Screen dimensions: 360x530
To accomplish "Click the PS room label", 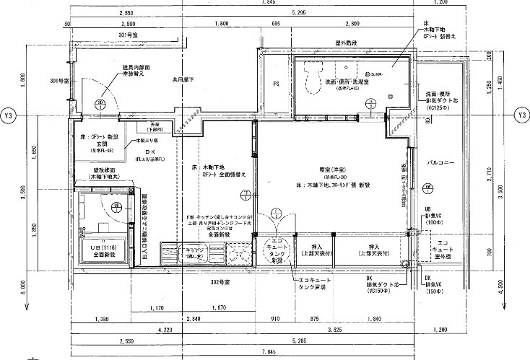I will tap(276, 84).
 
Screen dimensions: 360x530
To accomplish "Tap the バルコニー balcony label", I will tap(440, 164).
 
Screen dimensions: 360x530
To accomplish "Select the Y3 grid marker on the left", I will tap(9, 115).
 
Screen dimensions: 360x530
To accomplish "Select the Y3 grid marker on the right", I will tap(521, 115).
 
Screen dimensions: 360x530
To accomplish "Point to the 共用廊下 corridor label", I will tap(183, 79).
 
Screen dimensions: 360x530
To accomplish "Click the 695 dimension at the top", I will tap(276, 24).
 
